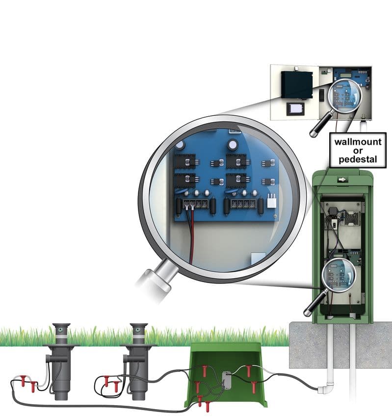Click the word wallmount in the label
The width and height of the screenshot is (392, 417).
(358, 142)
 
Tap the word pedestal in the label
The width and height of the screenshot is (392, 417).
(358, 159)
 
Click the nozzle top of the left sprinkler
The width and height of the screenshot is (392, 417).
(61, 329)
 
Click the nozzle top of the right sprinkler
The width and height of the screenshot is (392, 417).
(138, 329)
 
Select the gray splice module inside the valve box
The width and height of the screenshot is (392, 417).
(226, 380)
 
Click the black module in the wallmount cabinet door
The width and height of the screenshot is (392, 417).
(297, 85)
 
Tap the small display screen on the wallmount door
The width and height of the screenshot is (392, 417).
(295, 109)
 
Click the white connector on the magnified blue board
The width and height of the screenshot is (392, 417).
(271, 201)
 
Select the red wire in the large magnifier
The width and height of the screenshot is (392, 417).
(191, 235)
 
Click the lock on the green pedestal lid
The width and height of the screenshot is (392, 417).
(342, 180)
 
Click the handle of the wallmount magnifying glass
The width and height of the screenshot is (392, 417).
(320, 125)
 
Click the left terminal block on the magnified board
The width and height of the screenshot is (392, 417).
(196, 204)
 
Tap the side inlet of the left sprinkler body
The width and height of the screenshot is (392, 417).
(48, 359)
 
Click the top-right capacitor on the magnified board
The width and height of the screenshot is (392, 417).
(233, 144)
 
